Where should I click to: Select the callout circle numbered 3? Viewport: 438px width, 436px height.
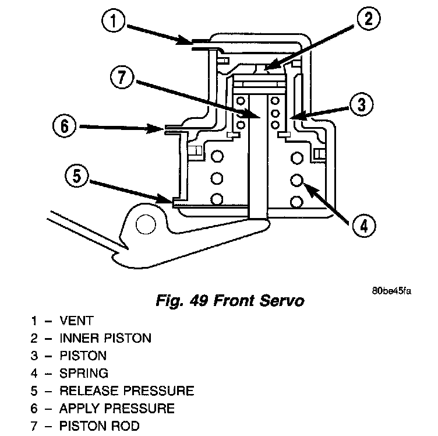362,105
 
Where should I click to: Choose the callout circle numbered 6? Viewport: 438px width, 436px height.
64,126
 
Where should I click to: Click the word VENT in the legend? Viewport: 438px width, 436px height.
76,320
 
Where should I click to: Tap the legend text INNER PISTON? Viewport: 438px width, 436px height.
105,337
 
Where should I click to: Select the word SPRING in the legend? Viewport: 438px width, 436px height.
84,373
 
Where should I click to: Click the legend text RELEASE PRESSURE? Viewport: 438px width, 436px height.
126,391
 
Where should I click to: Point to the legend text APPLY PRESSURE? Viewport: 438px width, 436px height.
116,408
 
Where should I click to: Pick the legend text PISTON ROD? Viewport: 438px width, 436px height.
99,426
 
